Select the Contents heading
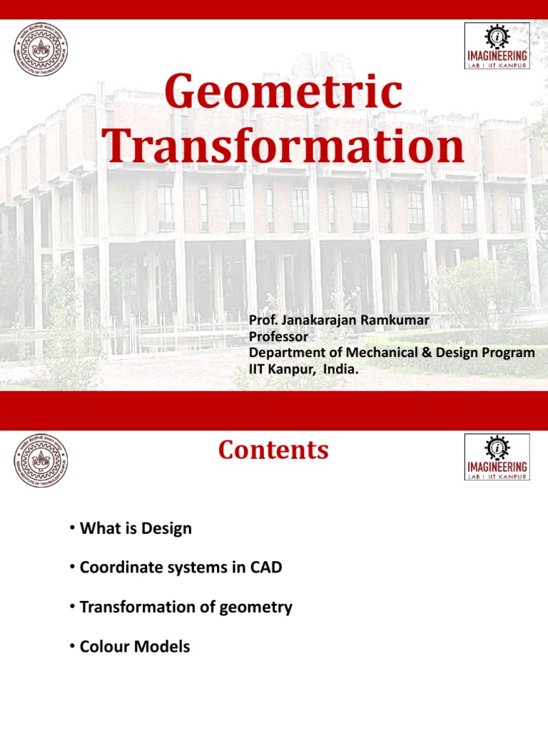click(x=273, y=450)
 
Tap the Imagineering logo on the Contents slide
click(x=497, y=457)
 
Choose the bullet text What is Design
click(x=136, y=529)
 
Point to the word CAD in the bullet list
click(x=266, y=568)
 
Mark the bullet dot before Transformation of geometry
click(x=73, y=607)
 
